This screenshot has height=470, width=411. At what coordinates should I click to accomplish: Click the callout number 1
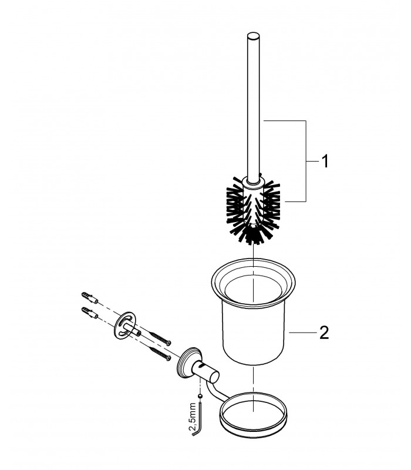tap(325, 161)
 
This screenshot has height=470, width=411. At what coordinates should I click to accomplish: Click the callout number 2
tap(324, 333)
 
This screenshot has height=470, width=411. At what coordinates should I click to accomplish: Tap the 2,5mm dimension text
tap(193, 416)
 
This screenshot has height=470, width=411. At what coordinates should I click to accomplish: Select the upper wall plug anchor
tap(90, 298)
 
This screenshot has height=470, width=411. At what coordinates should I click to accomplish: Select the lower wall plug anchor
tap(90, 313)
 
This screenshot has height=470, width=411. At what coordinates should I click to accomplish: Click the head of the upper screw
tap(169, 342)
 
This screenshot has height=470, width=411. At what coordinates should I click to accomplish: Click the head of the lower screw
tap(169, 357)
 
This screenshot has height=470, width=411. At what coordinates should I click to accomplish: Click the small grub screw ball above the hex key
tap(200, 397)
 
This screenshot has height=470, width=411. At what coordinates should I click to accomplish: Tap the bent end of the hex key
tap(194, 434)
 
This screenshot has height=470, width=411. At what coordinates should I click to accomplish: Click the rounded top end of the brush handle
tap(253, 35)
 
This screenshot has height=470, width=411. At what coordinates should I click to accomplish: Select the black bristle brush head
tap(254, 210)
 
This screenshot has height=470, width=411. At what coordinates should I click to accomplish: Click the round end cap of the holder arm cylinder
tap(214, 377)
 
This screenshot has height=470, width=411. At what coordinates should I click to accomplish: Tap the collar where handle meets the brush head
tap(254, 182)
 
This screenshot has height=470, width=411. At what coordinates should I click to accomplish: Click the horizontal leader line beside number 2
tap(302, 333)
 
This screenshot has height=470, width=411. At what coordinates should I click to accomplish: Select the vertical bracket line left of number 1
tap(305, 161)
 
